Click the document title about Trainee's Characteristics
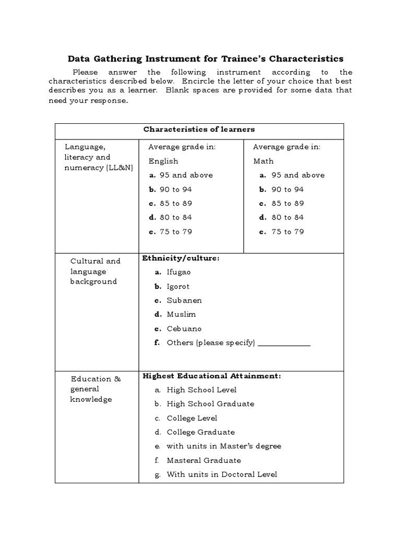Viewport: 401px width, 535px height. tap(206, 59)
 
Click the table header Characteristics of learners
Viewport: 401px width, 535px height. tap(199, 129)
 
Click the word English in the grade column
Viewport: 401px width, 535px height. tap(163, 161)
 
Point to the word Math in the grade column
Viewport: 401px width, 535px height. tap(263, 161)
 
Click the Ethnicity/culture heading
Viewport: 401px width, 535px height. tap(181, 258)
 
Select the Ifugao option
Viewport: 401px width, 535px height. tap(179, 272)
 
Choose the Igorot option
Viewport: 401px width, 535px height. tap(178, 286)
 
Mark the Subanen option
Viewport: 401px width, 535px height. tap(184, 300)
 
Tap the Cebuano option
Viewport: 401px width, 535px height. tap(184, 329)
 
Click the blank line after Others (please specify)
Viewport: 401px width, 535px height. tap(284, 344)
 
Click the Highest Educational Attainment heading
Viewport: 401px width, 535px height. tap(211, 376)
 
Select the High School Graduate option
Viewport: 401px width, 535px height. tap(210, 404)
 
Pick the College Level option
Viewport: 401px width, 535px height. tap(192, 418)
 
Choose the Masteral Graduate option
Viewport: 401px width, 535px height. tap(204, 460)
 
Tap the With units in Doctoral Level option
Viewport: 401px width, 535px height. tap(221, 474)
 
